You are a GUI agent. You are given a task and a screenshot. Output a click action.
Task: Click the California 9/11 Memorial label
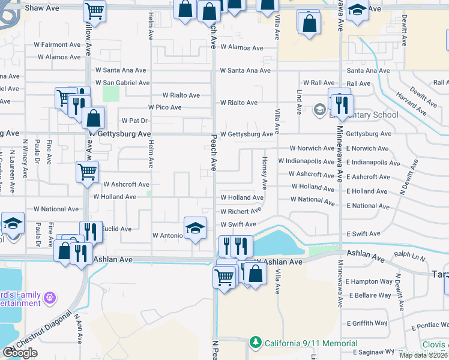(312, 343)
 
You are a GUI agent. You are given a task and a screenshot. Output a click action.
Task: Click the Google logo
(20, 353)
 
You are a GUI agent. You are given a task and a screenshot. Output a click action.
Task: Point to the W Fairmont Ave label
(58, 44)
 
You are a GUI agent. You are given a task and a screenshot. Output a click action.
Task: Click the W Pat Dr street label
(134, 121)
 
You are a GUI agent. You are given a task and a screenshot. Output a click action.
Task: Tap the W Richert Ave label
(241, 211)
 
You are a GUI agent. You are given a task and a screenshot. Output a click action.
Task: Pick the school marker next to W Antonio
(194, 229)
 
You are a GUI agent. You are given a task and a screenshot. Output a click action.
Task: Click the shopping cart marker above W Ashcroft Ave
(88, 172)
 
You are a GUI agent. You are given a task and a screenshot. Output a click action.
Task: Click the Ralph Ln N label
(409, 255)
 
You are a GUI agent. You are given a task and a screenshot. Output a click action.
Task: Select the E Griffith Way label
(366, 323)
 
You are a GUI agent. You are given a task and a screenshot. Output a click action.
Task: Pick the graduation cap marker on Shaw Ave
(357, 11)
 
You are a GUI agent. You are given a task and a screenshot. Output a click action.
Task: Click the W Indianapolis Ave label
(306, 161)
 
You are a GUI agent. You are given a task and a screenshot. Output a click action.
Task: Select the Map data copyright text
(424, 355)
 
